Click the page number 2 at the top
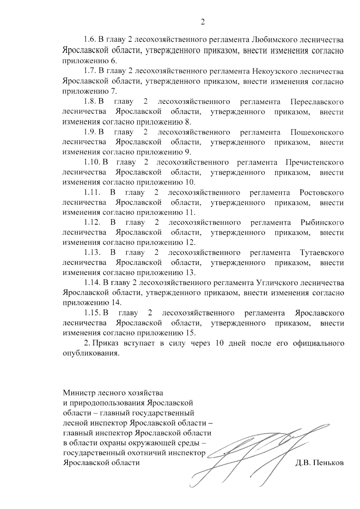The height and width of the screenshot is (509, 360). pyautogui.click(x=202, y=22)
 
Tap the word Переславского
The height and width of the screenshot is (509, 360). pyautogui.click(x=317, y=102)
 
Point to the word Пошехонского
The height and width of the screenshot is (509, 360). pyautogui.click(x=317, y=132)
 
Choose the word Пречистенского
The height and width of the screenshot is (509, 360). pyautogui.click(x=315, y=163)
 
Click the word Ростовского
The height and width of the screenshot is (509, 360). pyautogui.click(x=322, y=193)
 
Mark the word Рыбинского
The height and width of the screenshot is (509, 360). pyautogui.click(x=322, y=223)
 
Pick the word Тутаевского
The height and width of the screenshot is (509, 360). pyautogui.click(x=322, y=253)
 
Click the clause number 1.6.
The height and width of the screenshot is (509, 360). pyautogui.click(x=89, y=40)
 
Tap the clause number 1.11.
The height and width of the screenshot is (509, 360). pyautogui.click(x=92, y=193)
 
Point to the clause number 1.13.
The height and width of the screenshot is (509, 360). pyautogui.click(x=92, y=253)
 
